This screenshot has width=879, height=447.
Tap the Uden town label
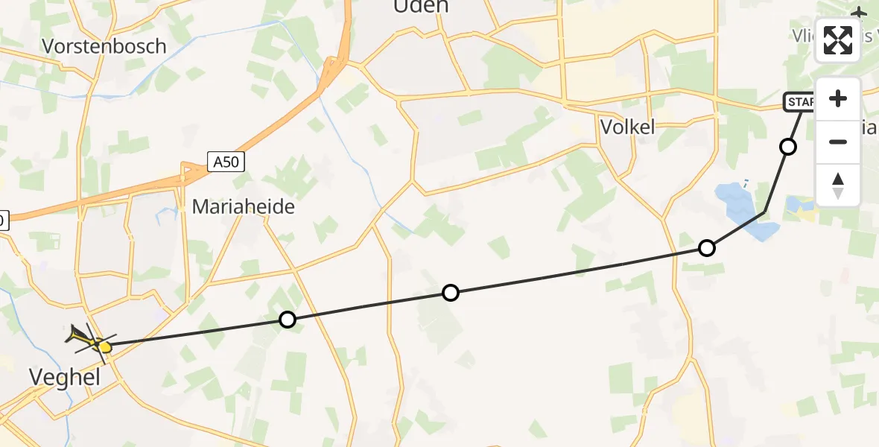tap(421, 7)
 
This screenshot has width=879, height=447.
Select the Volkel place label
tap(627, 127)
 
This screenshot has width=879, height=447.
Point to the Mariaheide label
tap(243, 206)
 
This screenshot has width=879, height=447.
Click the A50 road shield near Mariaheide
tap(226, 162)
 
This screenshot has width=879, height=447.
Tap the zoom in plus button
tap(838, 99)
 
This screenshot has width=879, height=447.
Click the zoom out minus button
tap(838, 142)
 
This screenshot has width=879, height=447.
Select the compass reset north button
tap(838, 185)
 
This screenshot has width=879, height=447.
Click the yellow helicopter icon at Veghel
tap(93, 343)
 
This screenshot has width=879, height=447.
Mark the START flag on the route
tap(799, 102)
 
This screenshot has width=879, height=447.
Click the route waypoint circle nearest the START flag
tap(787, 147)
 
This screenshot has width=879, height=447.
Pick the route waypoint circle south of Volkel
tap(706, 248)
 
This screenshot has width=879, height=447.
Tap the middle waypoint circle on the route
tap(450, 293)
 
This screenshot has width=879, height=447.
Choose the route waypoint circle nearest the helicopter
tap(287, 320)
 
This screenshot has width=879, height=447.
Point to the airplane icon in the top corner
tap(859, 13)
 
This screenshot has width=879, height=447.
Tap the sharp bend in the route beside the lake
tap(764, 212)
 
